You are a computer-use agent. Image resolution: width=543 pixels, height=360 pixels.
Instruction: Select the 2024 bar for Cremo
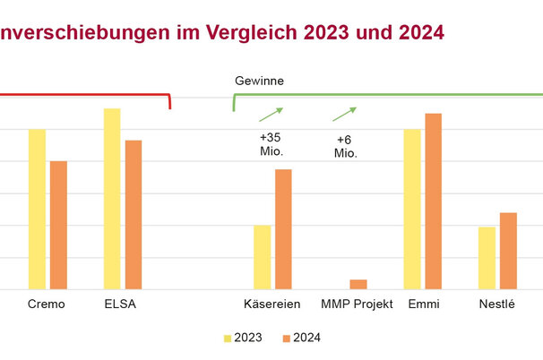coord(58,225)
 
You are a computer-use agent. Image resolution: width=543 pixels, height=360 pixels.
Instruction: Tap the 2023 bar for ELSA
coord(112,199)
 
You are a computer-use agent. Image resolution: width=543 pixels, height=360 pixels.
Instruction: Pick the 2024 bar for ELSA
coord(134,214)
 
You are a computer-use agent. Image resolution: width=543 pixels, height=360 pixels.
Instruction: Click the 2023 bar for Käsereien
coord(262,257)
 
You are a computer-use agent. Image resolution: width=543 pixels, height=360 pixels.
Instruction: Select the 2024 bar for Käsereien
coord(283,228)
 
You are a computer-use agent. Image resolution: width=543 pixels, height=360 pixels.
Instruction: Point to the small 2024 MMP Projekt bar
coord(358,284)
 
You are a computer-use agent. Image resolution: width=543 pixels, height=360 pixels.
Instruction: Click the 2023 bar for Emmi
coord(412,209)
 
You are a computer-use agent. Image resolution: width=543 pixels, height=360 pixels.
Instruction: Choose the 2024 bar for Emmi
coord(434,201)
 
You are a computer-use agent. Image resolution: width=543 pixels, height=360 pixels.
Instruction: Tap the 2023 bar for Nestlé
coord(487,258)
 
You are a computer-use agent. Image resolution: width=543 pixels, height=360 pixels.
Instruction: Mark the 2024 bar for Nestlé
coord(508,251)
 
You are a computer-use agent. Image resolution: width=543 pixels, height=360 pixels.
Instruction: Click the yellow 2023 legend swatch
coord(228,339)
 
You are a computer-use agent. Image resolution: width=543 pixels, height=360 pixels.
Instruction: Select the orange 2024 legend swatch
coord(286,339)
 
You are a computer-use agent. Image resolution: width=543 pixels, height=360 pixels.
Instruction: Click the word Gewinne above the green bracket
coord(259,81)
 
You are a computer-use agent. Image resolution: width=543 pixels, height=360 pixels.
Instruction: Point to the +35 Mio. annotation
coord(271,144)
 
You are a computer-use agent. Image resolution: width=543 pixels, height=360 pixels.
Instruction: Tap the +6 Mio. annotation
coord(346,146)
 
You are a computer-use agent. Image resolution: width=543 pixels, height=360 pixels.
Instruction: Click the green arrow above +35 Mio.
coord(271,114)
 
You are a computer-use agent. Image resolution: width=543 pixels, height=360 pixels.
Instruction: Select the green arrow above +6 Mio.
coord(344,114)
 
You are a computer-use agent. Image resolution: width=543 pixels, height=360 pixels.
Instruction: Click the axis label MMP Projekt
coord(358,304)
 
